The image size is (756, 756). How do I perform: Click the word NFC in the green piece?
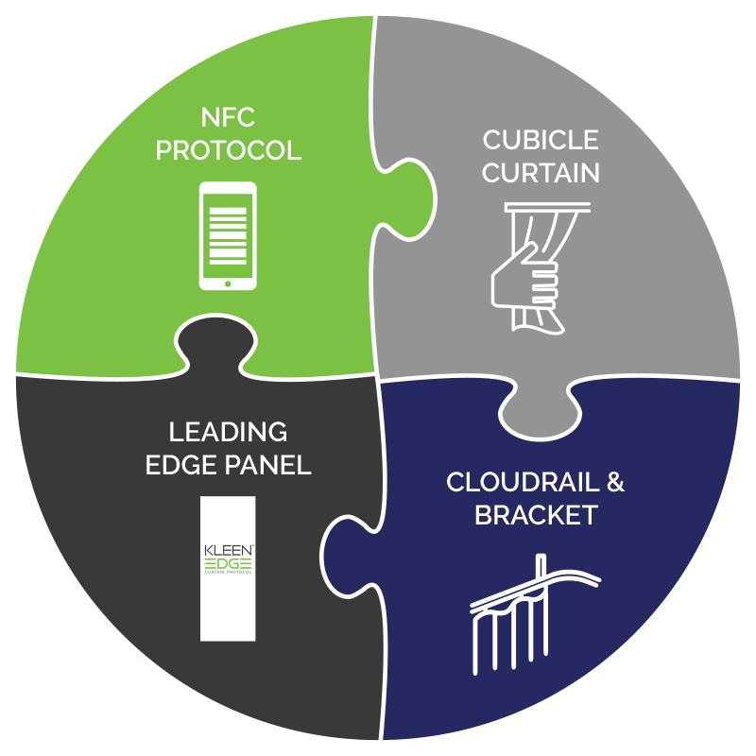click(229, 118)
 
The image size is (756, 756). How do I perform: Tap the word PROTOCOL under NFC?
click(229, 150)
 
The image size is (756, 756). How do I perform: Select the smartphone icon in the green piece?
click(228, 234)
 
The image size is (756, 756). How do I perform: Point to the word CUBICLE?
click(541, 140)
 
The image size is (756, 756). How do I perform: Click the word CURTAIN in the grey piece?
click(541, 173)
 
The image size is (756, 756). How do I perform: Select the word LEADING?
click(228, 433)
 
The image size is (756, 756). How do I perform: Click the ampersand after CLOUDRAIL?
click(614, 483)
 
